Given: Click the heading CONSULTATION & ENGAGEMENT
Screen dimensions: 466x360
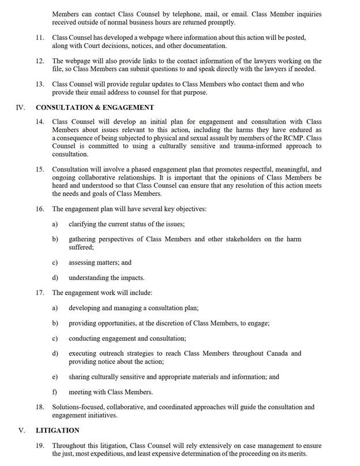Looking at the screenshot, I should pyautogui.click(x=95, y=107).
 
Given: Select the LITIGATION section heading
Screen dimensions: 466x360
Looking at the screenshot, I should pyautogui.click(x=58, y=430).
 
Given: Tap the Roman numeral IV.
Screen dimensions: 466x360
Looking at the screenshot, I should pyautogui.click(x=20, y=107).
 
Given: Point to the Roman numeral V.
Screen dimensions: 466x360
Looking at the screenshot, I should pyautogui.click(x=21, y=430).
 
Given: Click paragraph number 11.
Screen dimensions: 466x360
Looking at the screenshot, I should pyautogui.click(x=40, y=38).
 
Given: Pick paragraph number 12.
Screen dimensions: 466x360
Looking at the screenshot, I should pyautogui.click(x=40, y=61).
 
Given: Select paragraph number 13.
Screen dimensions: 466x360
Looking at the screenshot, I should pyautogui.click(x=40, y=84).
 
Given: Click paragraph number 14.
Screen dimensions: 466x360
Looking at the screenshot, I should pyautogui.click(x=40, y=122).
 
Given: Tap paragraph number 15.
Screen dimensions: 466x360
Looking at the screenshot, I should pyautogui.click(x=40, y=170).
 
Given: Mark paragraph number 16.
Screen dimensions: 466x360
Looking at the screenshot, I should pyautogui.click(x=40, y=208).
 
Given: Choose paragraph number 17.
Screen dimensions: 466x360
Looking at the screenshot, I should pyautogui.click(x=40, y=293).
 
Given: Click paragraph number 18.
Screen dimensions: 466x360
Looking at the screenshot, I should pyautogui.click(x=40, y=407).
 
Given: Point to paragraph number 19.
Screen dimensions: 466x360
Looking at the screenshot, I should pyautogui.click(x=40, y=446).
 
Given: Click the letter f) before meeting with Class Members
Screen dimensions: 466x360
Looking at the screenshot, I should pyautogui.click(x=55, y=392).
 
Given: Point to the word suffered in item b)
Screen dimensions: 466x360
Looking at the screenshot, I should pyautogui.click(x=82, y=247).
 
